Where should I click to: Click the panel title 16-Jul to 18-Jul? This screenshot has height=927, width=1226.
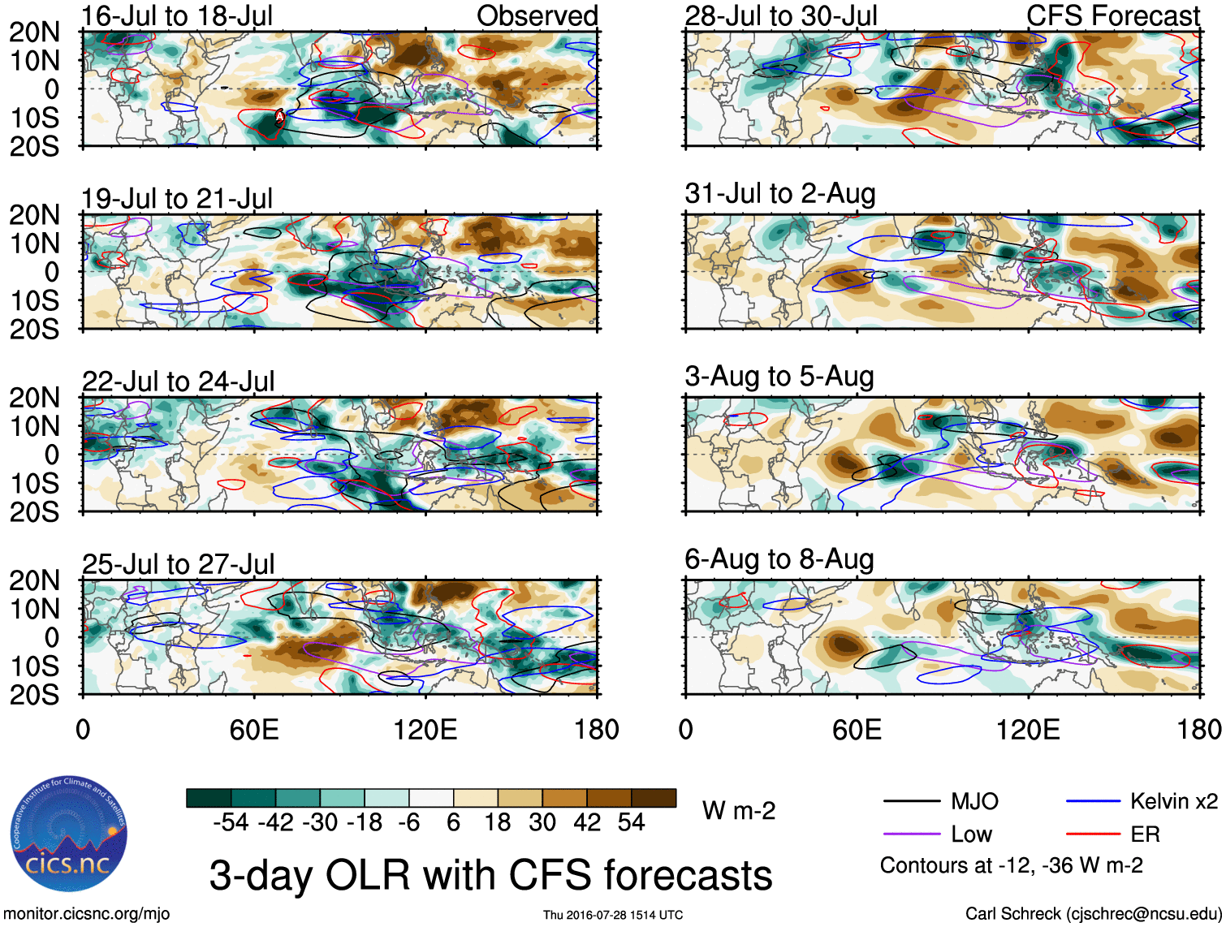(x=177, y=15)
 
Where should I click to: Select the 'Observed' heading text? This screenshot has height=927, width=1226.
(x=537, y=15)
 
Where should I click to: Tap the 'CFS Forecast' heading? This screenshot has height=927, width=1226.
(x=1112, y=15)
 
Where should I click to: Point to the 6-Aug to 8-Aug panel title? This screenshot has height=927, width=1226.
(x=779, y=559)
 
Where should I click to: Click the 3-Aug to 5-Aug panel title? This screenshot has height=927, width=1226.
(x=779, y=377)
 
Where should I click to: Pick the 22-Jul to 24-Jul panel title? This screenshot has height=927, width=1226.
(x=178, y=381)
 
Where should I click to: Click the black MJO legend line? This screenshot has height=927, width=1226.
(x=911, y=802)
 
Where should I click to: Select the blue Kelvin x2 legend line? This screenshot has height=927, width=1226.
(x=1093, y=802)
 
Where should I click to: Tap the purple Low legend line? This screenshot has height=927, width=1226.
(x=911, y=834)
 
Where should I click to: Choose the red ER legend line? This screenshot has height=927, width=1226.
(x=1093, y=834)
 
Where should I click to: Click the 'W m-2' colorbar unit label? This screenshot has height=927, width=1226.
(x=738, y=810)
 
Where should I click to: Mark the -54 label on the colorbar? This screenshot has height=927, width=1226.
(x=231, y=822)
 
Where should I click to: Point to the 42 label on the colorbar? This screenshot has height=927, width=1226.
(x=586, y=822)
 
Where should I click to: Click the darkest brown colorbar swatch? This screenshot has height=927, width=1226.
(x=654, y=798)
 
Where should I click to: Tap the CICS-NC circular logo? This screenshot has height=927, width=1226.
(x=69, y=834)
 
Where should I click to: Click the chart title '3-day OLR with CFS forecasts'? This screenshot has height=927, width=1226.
(x=490, y=875)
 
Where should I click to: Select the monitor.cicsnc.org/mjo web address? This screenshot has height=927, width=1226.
(x=87, y=914)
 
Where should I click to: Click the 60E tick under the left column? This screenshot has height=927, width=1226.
(x=254, y=729)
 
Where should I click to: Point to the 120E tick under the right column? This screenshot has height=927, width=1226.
(x=1028, y=729)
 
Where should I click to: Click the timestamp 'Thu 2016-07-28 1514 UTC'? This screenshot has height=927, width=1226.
(x=613, y=915)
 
